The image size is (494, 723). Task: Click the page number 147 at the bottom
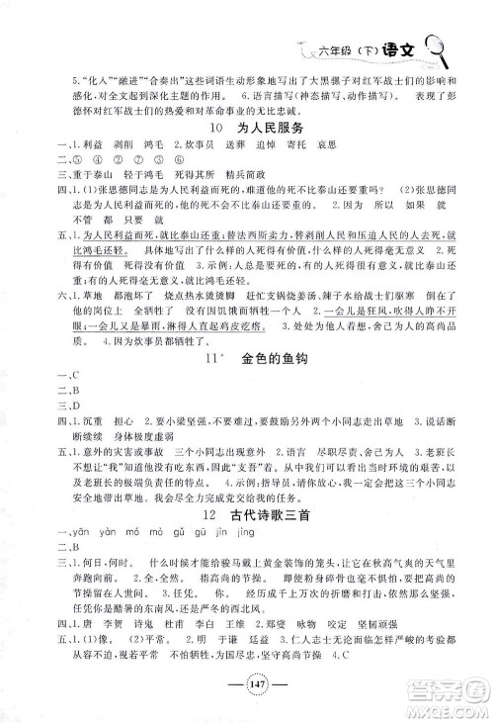coord(246,690)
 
